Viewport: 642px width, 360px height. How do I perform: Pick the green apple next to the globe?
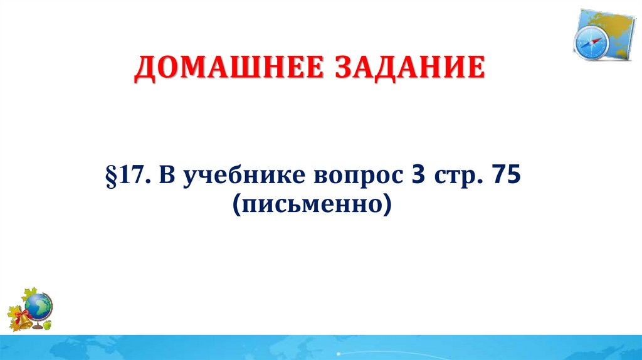[48, 325]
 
